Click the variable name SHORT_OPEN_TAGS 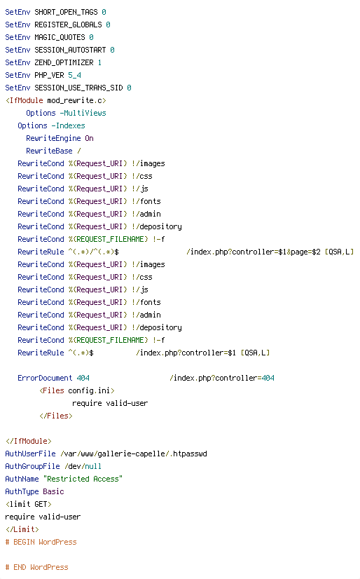click(x=66, y=12)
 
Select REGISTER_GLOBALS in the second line click(x=68, y=25)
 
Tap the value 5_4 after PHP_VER click(x=74, y=75)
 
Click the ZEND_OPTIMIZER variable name click(x=64, y=63)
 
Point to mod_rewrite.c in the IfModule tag click(x=77, y=100)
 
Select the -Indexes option click(x=68, y=125)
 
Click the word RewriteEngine click(x=53, y=139)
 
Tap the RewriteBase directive click(x=50, y=151)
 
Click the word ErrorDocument click(x=45, y=378)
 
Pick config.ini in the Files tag click(x=89, y=390)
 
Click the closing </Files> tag click(x=56, y=416)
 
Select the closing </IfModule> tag click(x=29, y=442)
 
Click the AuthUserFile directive click(x=30, y=454)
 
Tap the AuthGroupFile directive click(x=32, y=466)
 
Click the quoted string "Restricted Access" click(x=83, y=479)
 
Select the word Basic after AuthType click(x=53, y=491)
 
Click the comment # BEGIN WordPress click(x=41, y=542)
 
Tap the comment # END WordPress click(x=37, y=567)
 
